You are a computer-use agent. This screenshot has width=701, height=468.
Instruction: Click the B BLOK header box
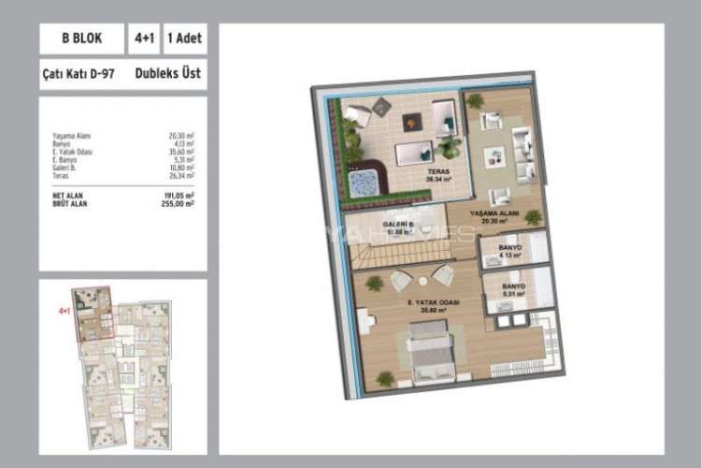click(x=81, y=39)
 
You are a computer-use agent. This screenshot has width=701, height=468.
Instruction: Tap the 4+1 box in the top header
click(x=144, y=39)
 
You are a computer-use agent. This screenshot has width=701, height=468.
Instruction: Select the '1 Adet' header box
click(x=185, y=39)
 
